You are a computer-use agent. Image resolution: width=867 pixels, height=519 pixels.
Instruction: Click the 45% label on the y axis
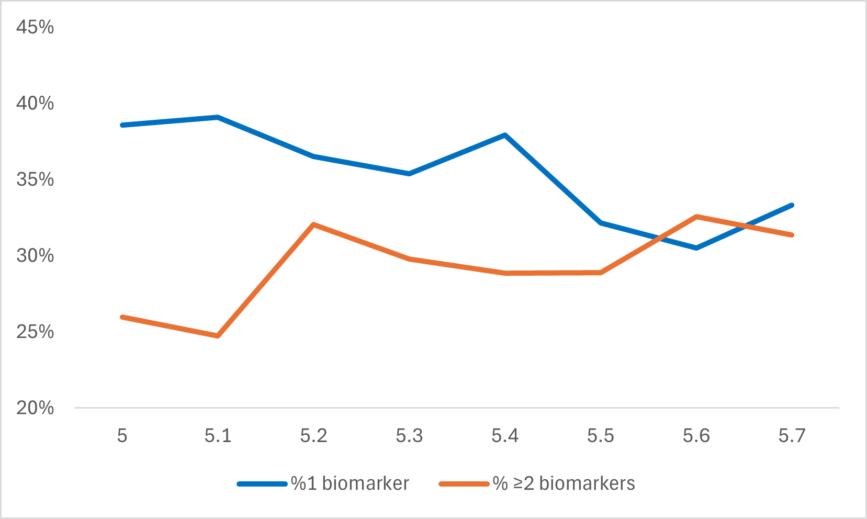[x=35, y=27]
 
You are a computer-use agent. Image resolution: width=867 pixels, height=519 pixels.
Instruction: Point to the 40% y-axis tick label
[x=35, y=103]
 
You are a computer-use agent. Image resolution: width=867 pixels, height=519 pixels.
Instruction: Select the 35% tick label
[x=35, y=179]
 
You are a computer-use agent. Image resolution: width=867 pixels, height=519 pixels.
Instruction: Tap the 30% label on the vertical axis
[x=35, y=256]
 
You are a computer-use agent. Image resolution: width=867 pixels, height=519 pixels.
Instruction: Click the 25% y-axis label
[x=35, y=332]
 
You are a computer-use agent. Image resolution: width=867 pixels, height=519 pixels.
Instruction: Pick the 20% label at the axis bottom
[x=35, y=408]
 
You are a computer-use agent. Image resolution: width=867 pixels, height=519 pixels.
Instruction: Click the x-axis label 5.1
[x=218, y=435]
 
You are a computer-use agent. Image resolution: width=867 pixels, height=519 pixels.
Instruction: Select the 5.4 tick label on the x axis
[x=505, y=435]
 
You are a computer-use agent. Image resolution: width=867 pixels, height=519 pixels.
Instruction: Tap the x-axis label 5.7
[x=792, y=435]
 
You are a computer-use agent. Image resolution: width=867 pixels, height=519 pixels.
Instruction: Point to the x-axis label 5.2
[x=313, y=435]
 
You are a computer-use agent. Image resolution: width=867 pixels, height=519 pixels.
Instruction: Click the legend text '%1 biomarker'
[x=350, y=483]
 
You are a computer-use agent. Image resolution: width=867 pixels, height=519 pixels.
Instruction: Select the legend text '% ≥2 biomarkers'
[x=564, y=483]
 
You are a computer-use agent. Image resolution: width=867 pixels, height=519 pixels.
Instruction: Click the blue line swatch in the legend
[x=262, y=484]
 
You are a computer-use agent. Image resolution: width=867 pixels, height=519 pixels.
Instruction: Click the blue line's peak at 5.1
[x=218, y=117]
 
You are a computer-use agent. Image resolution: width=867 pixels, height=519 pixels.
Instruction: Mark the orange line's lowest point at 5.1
[x=218, y=336]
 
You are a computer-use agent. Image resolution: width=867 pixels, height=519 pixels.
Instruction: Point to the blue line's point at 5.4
[x=505, y=135]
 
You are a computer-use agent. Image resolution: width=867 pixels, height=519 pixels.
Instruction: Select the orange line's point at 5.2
[x=313, y=224]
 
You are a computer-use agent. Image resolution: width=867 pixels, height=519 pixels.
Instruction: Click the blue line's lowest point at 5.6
[x=696, y=248]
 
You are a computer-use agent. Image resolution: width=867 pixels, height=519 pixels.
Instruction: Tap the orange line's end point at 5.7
[x=792, y=235]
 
